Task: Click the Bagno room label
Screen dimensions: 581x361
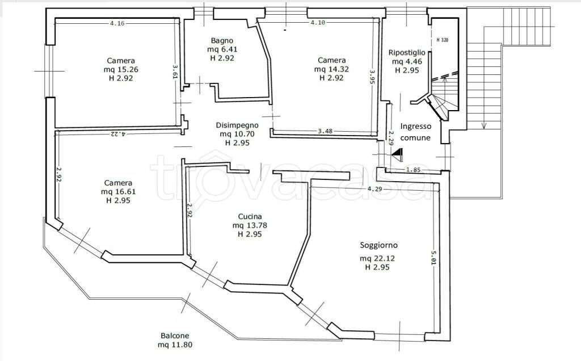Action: pyautogui.click(x=222, y=40)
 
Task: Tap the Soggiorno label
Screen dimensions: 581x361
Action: pyautogui.click(x=378, y=245)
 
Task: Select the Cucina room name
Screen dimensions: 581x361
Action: pyautogui.click(x=250, y=216)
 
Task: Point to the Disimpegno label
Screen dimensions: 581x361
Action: pyautogui.click(x=237, y=125)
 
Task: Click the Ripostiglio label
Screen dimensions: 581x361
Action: pyautogui.click(x=407, y=53)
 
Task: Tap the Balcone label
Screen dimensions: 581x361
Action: pyautogui.click(x=175, y=336)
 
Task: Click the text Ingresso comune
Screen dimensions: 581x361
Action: pyautogui.click(x=416, y=132)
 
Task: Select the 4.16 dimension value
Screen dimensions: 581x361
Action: pyautogui.click(x=117, y=23)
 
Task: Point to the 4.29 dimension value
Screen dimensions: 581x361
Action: pyautogui.click(x=374, y=188)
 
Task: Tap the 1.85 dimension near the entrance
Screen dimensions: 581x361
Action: pyautogui.click(x=413, y=170)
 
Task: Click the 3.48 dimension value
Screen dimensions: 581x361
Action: pyautogui.click(x=325, y=131)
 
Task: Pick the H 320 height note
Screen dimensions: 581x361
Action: pyautogui.click(x=442, y=40)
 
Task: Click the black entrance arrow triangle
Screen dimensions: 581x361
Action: pyautogui.click(x=398, y=155)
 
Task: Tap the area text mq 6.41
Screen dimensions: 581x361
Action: pyautogui.click(x=222, y=49)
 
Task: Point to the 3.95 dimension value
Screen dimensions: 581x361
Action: pyautogui.click(x=372, y=77)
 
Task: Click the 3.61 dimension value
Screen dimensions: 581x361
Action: pyautogui.click(x=175, y=72)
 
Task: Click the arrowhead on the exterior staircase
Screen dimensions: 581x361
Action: pyautogui.click(x=483, y=125)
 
